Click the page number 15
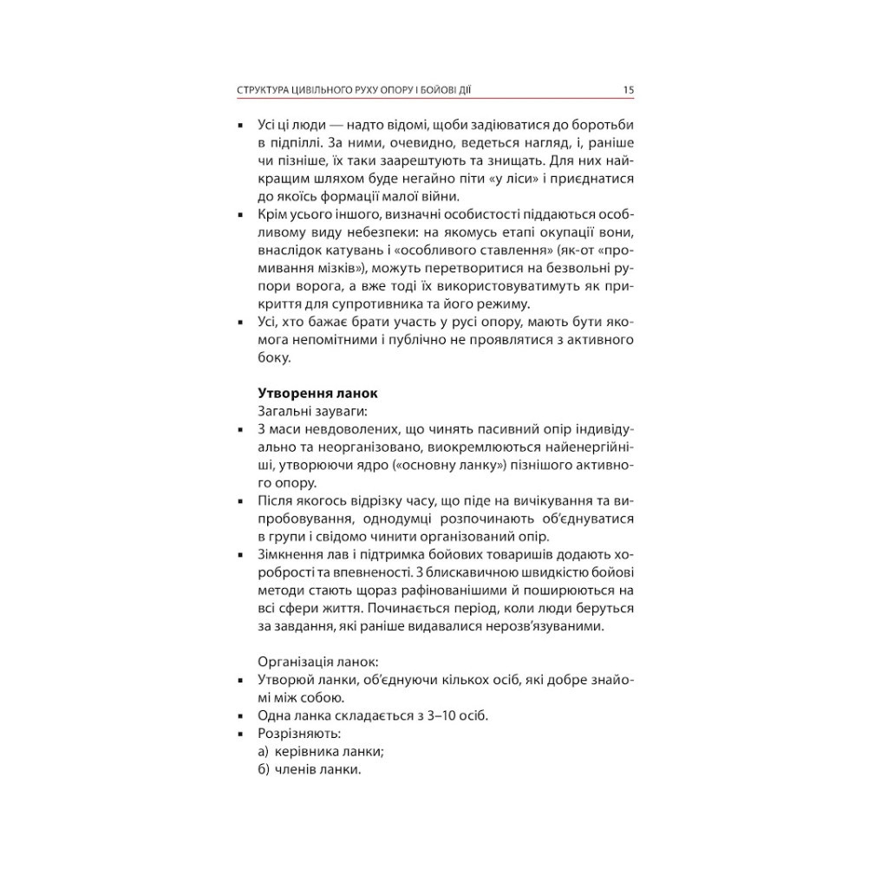point(629,88)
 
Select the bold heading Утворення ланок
point(317,393)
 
